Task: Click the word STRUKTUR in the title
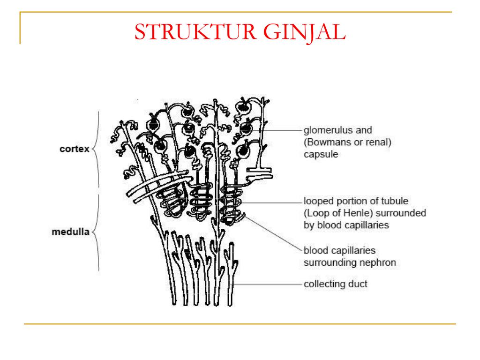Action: [195, 32]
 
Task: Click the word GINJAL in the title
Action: [304, 32]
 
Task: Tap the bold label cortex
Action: [75, 149]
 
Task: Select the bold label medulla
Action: [70, 232]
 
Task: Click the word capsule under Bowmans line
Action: [321, 154]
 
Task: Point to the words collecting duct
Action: [336, 284]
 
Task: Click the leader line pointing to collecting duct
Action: [267, 285]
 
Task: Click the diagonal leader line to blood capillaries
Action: [273, 233]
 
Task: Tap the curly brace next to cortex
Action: [96, 150]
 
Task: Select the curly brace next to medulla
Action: [96, 232]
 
